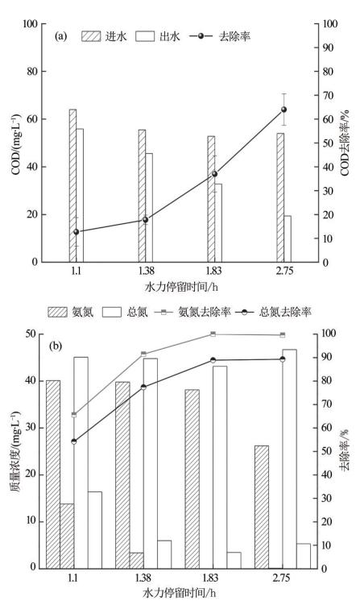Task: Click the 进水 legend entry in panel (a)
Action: (x=104, y=36)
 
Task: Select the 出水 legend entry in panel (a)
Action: (x=158, y=36)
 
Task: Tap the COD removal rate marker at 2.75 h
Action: (x=284, y=110)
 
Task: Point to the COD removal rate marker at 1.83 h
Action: (x=215, y=174)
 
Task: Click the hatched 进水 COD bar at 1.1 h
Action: (x=73, y=185)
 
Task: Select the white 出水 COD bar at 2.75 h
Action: (x=288, y=238)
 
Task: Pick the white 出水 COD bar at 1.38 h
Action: (x=149, y=208)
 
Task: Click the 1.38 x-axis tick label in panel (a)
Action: (x=145, y=271)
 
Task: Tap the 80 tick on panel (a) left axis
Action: (x=32, y=72)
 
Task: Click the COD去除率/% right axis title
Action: (x=345, y=143)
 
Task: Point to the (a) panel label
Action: (x=61, y=37)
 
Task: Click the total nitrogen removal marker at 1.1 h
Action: (x=74, y=441)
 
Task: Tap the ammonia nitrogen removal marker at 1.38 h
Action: (x=143, y=354)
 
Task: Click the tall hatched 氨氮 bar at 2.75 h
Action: (x=262, y=507)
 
